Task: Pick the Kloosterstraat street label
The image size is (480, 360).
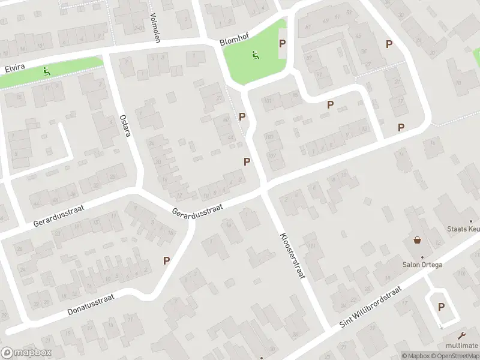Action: pyautogui.click(x=293, y=255)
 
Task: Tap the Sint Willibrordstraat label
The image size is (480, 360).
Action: pyautogui.click(x=370, y=306)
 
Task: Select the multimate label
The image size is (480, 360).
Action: pyautogui.click(x=461, y=346)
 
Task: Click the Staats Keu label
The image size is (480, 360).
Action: pyautogui.click(x=463, y=228)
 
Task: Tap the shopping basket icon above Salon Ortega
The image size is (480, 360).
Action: pyautogui.click(x=418, y=241)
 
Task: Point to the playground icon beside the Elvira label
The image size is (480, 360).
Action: pyautogui.click(x=46, y=71)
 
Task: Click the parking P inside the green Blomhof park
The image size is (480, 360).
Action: pyautogui.click(x=282, y=43)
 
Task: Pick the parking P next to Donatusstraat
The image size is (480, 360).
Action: pyautogui.click(x=166, y=260)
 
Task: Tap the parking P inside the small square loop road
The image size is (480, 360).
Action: pyautogui.click(x=441, y=307)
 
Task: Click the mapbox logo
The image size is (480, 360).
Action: pyautogui.click(x=26, y=353)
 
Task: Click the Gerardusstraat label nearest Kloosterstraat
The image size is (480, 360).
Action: pyautogui.click(x=197, y=210)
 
